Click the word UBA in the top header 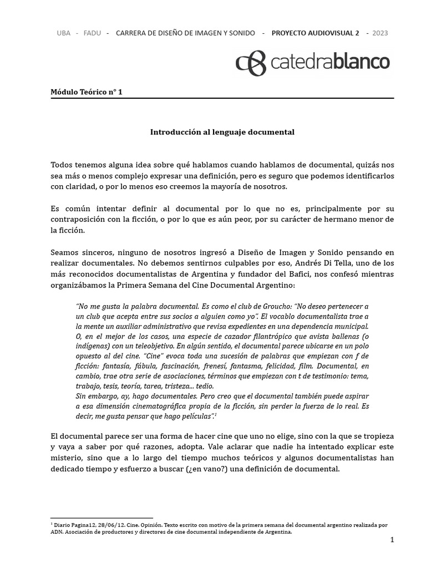click(64, 33)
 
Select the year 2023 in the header click(380, 33)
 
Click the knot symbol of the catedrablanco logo click(251, 63)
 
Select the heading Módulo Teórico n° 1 click(86, 92)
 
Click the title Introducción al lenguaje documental click(222, 132)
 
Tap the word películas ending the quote click(195, 416)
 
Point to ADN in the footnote click(56, 531)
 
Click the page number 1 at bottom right click(392, 540)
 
